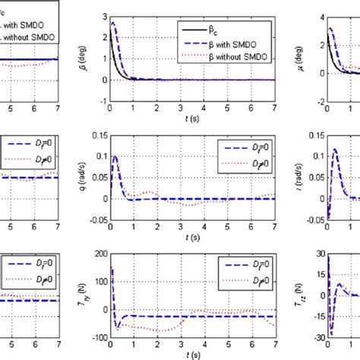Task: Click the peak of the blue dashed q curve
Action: (x=115, y=156)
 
